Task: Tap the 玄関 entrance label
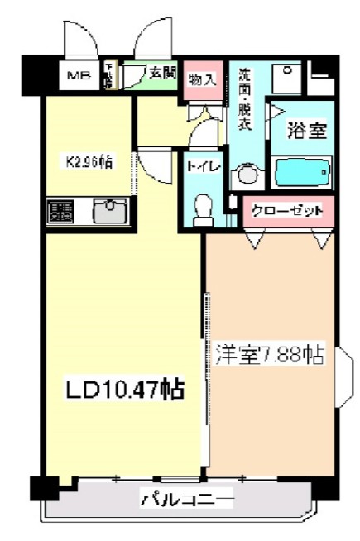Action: (163, 73)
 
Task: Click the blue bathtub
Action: (301, 172)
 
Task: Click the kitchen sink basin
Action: (109, 211)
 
